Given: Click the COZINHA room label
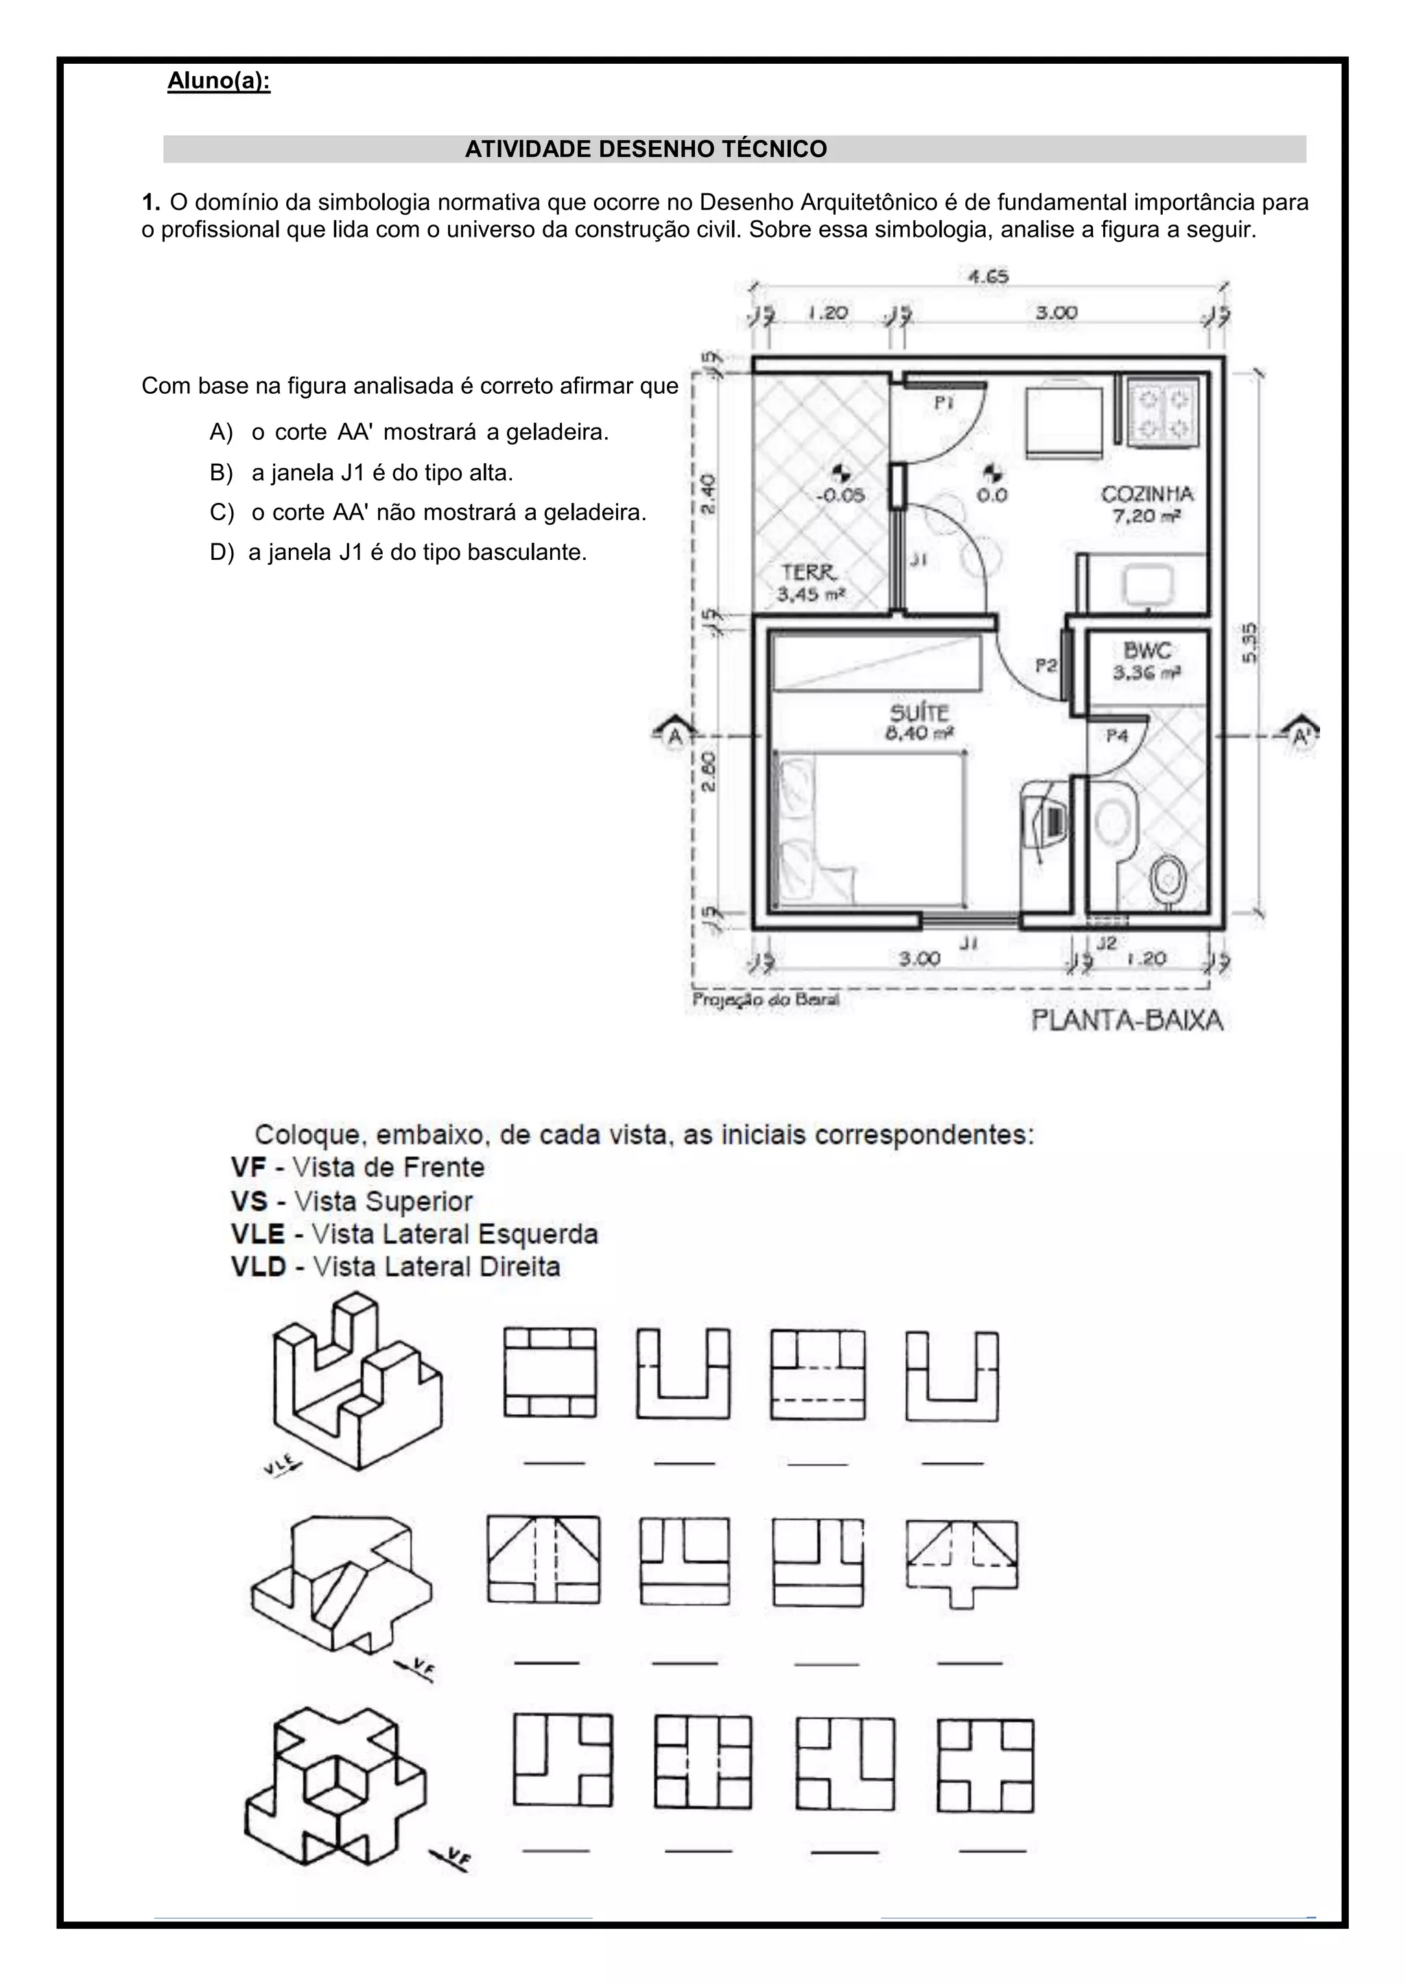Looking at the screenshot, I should [x=1146, y=494].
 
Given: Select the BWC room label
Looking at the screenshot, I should [x=1146, y=650].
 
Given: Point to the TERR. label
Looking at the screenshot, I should [x=809, y=573].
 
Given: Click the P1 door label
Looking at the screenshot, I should [x=944, y=402].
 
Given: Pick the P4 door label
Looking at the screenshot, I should [x=1117, y=736].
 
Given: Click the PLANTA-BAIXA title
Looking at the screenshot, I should [x=1126, y=1020].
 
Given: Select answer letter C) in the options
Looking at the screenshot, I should [x=222, y=513].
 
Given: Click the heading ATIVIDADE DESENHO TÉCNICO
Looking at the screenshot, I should [x=646, y=149].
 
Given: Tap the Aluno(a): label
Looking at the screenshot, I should [x=219, y=82].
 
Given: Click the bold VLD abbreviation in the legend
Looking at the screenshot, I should [x=258, y=1267].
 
